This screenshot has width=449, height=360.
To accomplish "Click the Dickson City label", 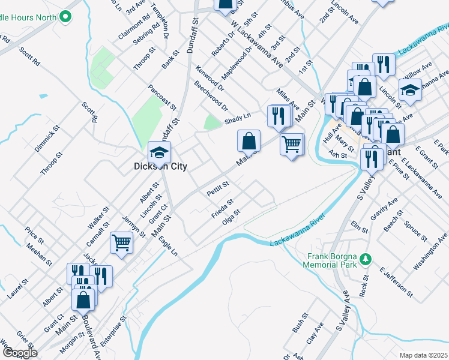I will tap(160, 166).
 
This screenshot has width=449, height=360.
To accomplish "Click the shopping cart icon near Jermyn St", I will tap(121, 244).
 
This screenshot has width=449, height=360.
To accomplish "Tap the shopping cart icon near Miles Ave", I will tap(292, 145).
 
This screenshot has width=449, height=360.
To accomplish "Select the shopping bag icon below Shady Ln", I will tap(249, 142).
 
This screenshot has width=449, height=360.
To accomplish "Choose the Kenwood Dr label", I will tap(209, 77).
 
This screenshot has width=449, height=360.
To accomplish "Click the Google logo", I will tap(20, 353).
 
